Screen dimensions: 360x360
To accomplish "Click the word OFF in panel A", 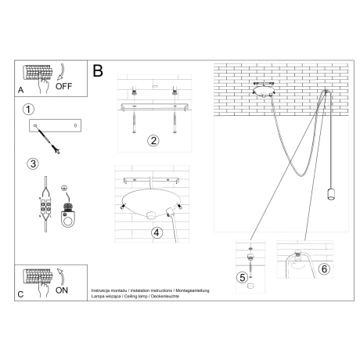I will point(64,87).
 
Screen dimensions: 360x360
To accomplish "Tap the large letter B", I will point(98,71).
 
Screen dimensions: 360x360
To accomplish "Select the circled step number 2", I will point(153,141).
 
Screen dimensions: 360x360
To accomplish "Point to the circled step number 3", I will point(32,164).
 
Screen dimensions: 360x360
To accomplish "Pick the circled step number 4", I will point(157,232).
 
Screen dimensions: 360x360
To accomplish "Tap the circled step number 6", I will point(324,268).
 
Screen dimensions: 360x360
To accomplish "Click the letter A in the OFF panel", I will point(20,90).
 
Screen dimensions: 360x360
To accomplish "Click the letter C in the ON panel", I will point(20,294).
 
